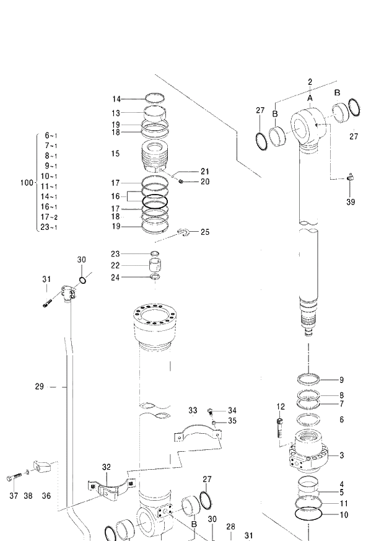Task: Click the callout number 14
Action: [116, 99]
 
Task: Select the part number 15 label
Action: [116, 153]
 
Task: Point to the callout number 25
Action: [204, 232]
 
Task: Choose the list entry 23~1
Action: [49, 227]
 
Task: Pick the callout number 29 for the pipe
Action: [39, 387]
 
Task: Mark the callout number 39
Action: [351, 202]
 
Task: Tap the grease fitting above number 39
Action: [349, 177]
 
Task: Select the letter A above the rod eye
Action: [310, 97]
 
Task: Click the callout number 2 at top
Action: [310, 82]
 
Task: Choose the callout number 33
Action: [193, 410]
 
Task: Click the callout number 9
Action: [341, 380]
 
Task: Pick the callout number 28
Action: [230, 527]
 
